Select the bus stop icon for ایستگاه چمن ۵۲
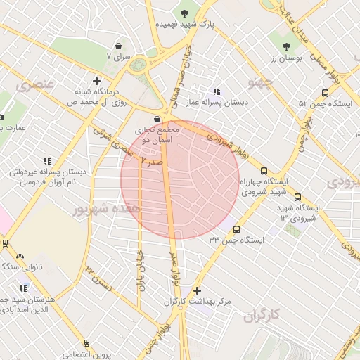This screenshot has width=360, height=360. (325, 93)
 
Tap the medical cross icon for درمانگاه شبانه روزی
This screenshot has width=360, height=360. (96, 81)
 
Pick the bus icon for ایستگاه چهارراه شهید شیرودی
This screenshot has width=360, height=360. (264, 170)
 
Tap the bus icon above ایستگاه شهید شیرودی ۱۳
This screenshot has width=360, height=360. (297, 198)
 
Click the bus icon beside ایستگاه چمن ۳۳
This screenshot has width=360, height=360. (236, 229)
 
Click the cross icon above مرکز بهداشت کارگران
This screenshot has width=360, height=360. (197, 290)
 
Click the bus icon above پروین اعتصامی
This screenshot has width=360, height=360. (86, 343)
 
